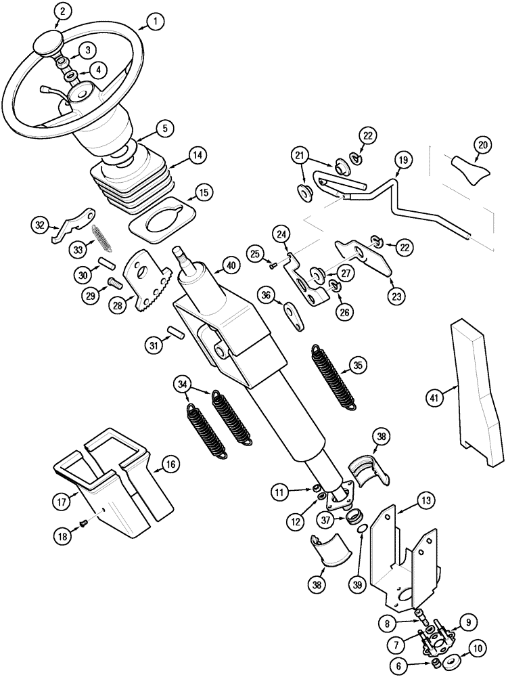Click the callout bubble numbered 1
click(154, 22)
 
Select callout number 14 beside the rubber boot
click(196, 155)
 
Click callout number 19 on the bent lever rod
click(402, 160)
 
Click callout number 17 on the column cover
click(64, 502)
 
